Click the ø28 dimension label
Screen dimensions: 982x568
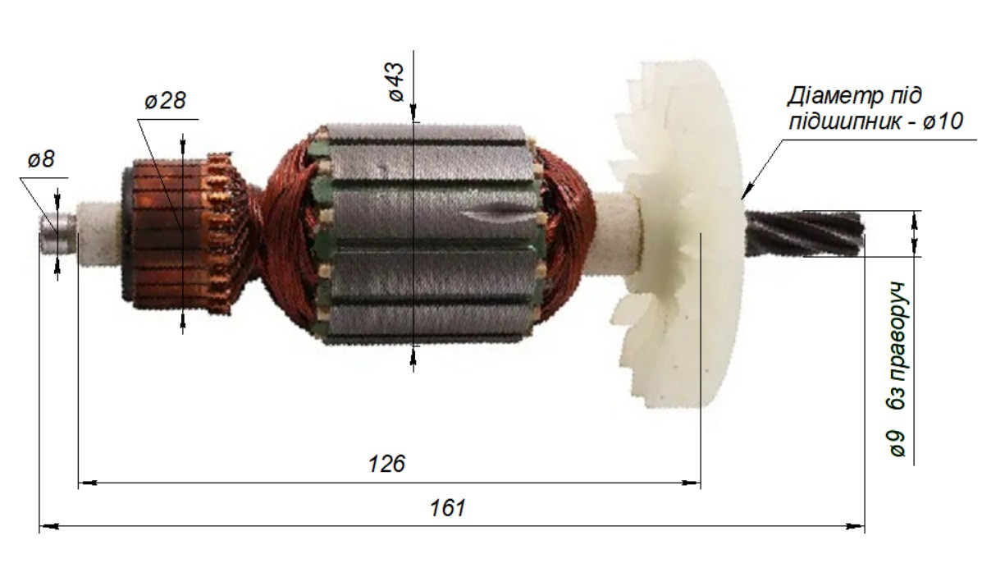pos(166,100)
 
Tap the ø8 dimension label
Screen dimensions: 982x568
pos(41,159)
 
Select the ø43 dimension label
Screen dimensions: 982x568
pos(395,82)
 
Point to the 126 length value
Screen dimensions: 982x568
pos(386,463)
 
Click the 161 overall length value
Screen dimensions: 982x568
pos(447,507)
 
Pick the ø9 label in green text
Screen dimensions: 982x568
pos(897,443)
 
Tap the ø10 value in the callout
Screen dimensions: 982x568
pos(943,121)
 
